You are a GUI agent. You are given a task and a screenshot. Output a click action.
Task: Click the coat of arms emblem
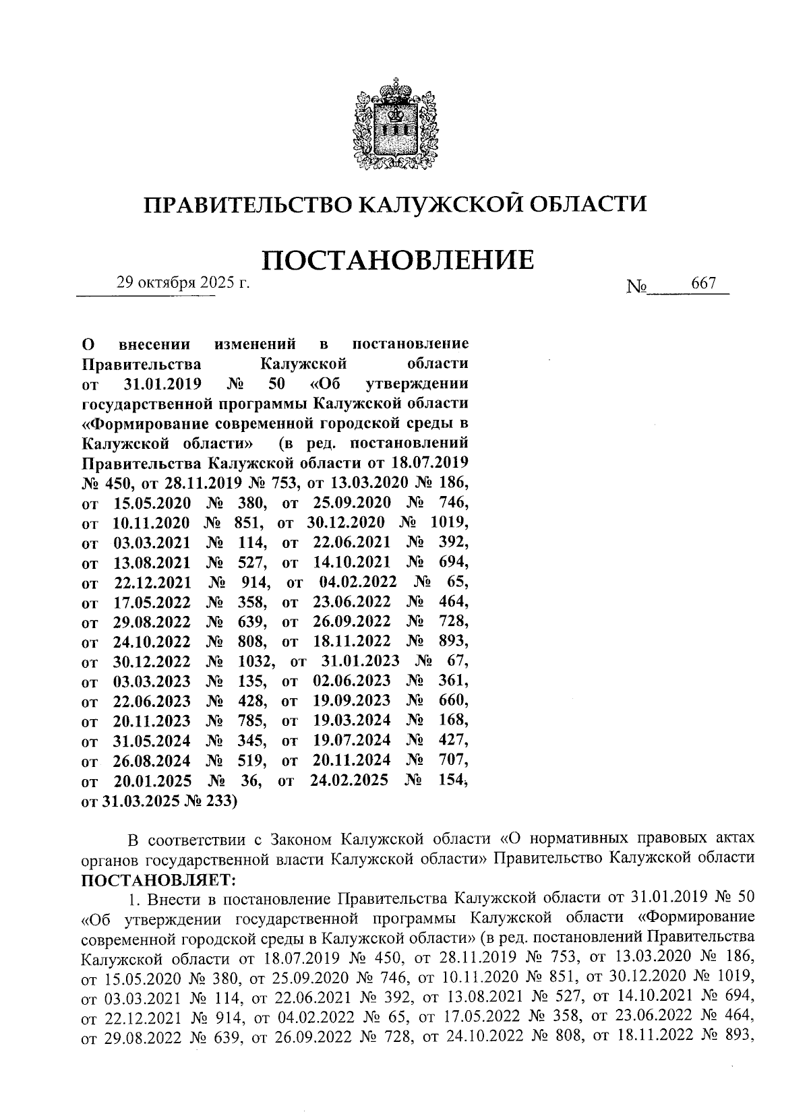(x=396, y=124)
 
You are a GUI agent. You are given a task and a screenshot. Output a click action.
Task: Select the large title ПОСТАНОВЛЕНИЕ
(x=397, y=259)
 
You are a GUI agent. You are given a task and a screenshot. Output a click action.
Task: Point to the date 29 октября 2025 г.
(x=183, y=282)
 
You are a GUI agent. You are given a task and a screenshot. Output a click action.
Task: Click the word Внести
(x=171, y=899)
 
